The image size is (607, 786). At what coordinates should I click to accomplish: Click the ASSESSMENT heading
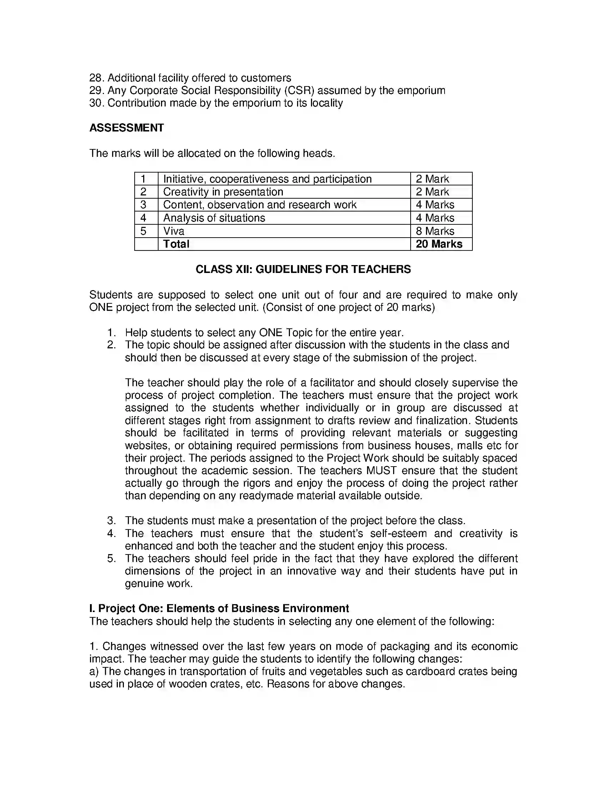click(x=127, y=128)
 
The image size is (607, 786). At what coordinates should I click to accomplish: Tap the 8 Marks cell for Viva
click(x=435, y=231)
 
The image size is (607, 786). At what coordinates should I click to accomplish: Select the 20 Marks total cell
click(x=439, y=244)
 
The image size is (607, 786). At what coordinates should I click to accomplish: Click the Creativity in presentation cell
click(x=223, y=192)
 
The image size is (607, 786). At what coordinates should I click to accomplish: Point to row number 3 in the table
click(x=144, y=205)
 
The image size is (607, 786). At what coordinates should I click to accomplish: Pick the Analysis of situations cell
click(x=214, y=218)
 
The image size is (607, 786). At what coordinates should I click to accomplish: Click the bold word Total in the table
click(x=176, y=244)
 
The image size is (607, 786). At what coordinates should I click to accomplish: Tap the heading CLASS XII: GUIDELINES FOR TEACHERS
click(x=303, y=269)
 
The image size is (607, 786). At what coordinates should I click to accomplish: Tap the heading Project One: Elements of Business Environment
click(x=219, y=608)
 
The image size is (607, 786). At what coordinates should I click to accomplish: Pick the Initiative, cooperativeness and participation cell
click(x=267, y=179)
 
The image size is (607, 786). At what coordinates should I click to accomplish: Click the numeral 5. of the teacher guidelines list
click(x=111, y=558)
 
